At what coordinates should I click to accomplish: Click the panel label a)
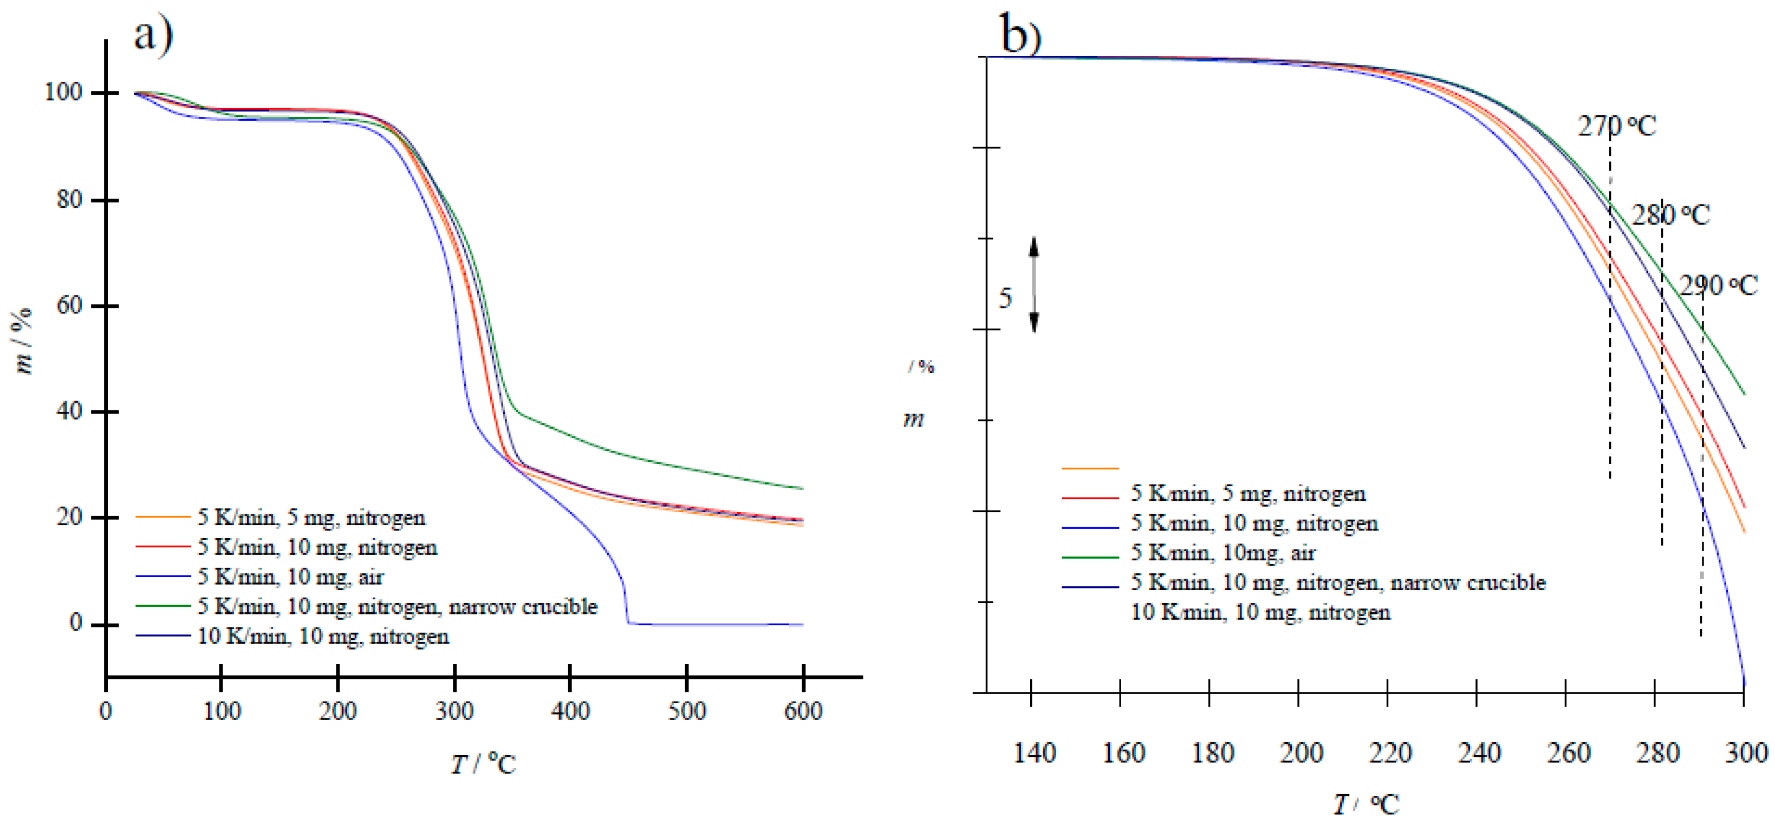point(153,35)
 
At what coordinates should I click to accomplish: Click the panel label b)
point(1020,33)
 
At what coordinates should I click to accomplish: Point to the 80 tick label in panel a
point(69,200)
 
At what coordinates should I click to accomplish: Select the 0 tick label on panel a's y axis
point(76,623)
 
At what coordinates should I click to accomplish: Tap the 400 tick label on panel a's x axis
point(570,711)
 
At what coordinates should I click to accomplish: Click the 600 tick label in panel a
point(803,711)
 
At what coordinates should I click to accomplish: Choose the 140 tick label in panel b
point(1034,752)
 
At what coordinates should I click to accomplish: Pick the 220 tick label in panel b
point(1390,752)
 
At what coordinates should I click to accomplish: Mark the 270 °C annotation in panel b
point(1616,126)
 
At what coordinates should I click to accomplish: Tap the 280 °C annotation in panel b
point(1670,215)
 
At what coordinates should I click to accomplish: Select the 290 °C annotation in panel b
point(1718,285)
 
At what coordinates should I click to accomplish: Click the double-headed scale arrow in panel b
point(1033,284)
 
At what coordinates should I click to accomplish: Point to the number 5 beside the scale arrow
point(1005,298)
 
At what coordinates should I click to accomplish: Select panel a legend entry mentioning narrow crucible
point(397,607)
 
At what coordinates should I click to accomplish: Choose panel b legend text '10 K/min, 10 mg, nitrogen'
point(1260,612)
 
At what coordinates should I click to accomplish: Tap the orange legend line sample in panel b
point(1090,468)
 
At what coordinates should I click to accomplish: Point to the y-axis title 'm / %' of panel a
point(23,341)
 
